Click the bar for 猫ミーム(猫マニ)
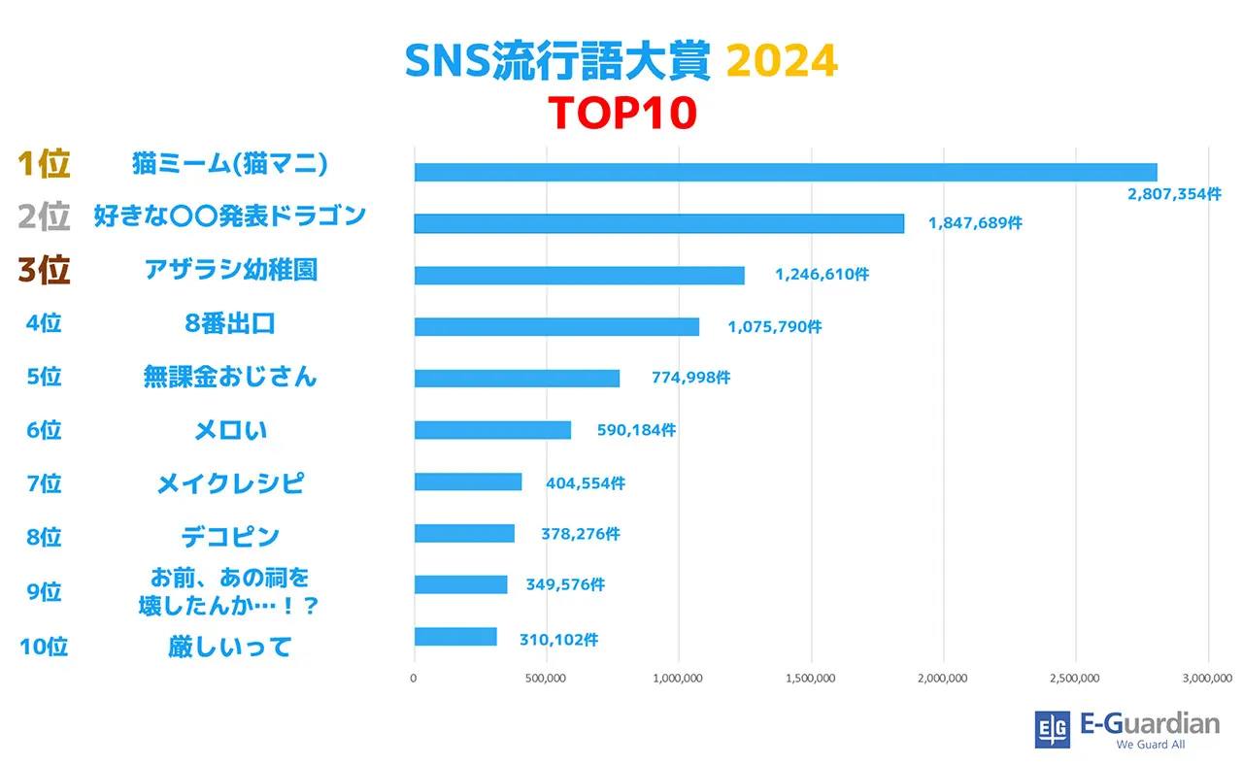(786, 172)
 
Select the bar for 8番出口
(556, 326)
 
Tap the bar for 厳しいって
(455, 637)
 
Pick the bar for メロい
(492, 430)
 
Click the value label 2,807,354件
(1174, 194)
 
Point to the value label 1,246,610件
(822, 275)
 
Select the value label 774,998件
(690, 379)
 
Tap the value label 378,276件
(580, 534)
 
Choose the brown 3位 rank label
(44, 271)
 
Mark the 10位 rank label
(44, 647)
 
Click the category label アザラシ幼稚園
(230, 271)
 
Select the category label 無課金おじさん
(230, 377)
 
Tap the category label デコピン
(230, 536)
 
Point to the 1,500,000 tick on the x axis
(811, 679)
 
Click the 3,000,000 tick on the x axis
(1207, 679)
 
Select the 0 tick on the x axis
(415, 679)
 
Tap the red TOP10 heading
(621, 113)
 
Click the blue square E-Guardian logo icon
(1052, 729)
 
